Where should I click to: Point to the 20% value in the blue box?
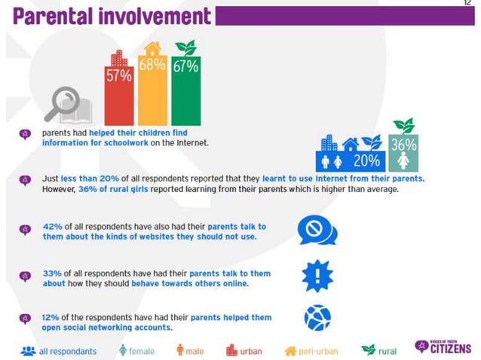[366, 160]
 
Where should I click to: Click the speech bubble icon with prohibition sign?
[317, 230]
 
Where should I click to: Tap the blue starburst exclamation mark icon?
[317, 276]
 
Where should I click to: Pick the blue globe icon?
[317, 319]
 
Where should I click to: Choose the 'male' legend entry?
[190, 351]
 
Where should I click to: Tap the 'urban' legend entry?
[244, 351]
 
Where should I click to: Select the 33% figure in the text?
[51, 273]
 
